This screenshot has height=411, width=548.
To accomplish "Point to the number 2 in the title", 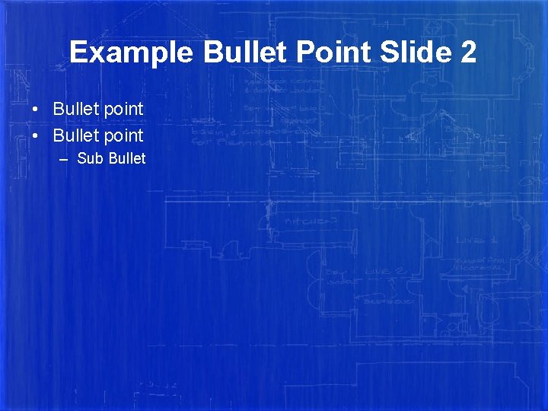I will click(468, 53).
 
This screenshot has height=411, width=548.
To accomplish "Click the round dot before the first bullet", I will click(37, 110).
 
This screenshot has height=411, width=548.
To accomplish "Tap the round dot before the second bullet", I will click(37, 136).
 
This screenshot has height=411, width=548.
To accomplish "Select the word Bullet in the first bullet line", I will click(76, 109).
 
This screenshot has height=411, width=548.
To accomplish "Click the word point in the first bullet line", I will click(123, 110).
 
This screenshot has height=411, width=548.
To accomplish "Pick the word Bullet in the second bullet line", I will click(76, 135).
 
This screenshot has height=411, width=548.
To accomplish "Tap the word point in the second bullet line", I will click(123, 136).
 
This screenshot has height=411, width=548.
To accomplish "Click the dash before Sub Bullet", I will click(63, 159).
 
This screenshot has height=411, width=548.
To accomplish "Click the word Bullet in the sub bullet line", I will click(126, 158).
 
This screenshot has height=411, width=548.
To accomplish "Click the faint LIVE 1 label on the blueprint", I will click(476, 239).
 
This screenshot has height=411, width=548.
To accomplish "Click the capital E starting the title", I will click(77, 53).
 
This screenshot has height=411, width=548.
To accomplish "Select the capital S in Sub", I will click(81, 158).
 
